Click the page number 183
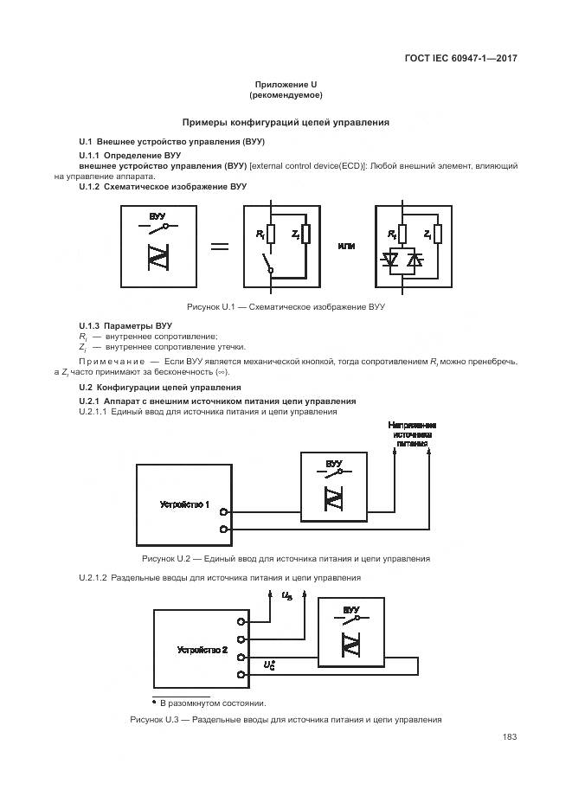[x=509, y=737]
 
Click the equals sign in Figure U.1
[x=220, y=247]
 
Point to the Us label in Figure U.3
[x=288, y=595]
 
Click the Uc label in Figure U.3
[x=269, y=665]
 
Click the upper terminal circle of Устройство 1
[x=224, y=512]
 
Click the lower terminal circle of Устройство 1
[x=224, y=529]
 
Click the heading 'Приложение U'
[x=286, y=84]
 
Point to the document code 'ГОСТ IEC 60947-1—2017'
[x=466, y=59]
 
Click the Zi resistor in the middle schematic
[x=305, y=234]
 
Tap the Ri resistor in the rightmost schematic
[x=402, y=234]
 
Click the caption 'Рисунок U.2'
[x=286, y=559]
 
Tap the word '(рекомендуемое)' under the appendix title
[x=286, y=94]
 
